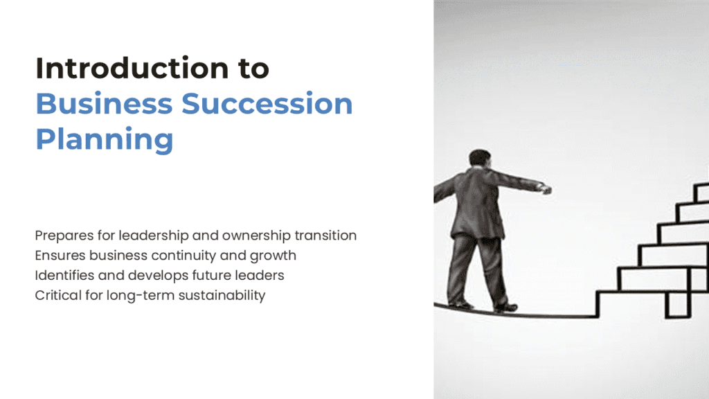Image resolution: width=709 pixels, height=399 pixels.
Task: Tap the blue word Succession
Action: coord(267,104)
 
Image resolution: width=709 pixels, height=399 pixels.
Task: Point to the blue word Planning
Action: coord(104,140)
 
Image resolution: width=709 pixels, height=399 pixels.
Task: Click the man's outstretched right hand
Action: coord(546,188)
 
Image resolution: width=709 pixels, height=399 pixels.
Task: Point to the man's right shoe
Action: coord(505,307)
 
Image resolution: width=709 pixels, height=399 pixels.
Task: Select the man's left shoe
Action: coord(460,303)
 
